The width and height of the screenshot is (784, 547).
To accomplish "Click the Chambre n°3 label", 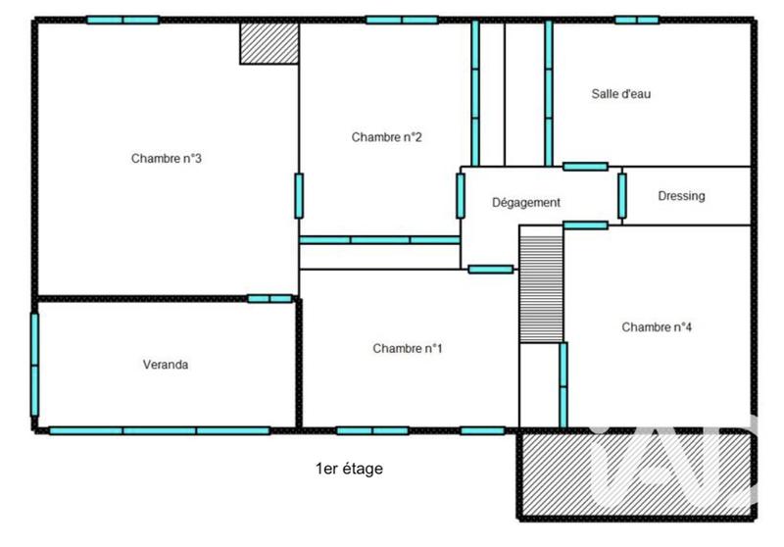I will pos(167,159).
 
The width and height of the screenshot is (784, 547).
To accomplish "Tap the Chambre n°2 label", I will pos(386,137).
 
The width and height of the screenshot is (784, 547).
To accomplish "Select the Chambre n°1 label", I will pos(408,348).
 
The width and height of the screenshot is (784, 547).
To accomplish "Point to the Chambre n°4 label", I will pos(657,327).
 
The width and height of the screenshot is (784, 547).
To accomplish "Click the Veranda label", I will pos(165,365).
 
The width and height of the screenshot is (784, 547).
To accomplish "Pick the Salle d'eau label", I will pos(621,94).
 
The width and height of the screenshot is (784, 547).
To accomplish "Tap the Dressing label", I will pos(681,196).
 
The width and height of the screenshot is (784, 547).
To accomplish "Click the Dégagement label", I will pos(525,203).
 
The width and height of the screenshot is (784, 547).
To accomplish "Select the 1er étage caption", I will pos(349,469).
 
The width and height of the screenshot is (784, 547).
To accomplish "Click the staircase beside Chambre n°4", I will pos(541,284).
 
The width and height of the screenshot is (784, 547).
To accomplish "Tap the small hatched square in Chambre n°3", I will pos(269,43).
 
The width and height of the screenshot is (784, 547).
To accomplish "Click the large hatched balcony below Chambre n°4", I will pos(637,475).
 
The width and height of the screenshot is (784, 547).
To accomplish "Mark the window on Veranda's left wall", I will pos(34,365).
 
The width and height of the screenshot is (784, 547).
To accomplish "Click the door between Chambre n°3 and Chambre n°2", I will pos(299,196).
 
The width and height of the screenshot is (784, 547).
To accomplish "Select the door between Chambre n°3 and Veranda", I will pos(269,298).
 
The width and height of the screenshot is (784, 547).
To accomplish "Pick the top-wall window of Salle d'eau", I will pos(637,20).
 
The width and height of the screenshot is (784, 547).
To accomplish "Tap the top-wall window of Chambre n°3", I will pos(122,20).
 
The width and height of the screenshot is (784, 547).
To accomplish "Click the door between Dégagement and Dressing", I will pos(621,196).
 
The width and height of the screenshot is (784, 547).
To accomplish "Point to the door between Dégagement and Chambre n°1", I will pos(490,269).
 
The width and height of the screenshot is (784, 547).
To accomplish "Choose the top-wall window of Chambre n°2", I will pos(402,20).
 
